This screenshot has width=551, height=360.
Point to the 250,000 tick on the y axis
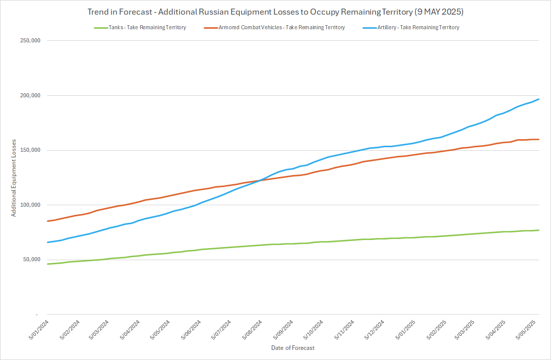click(x=29, y=41)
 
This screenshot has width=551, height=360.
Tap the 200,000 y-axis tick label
click(x=29, y=96)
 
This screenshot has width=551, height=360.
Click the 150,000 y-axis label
click(x=29, y=150)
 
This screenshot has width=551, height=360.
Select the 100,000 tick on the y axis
click(x=29, y=205)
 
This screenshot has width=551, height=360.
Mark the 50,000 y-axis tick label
click(x=30, y=260)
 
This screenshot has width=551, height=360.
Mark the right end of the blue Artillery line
click(x=539, y=99)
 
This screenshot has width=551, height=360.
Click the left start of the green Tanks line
click(x=47, y=264)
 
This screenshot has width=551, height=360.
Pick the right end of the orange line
click(x=539, y=139)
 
